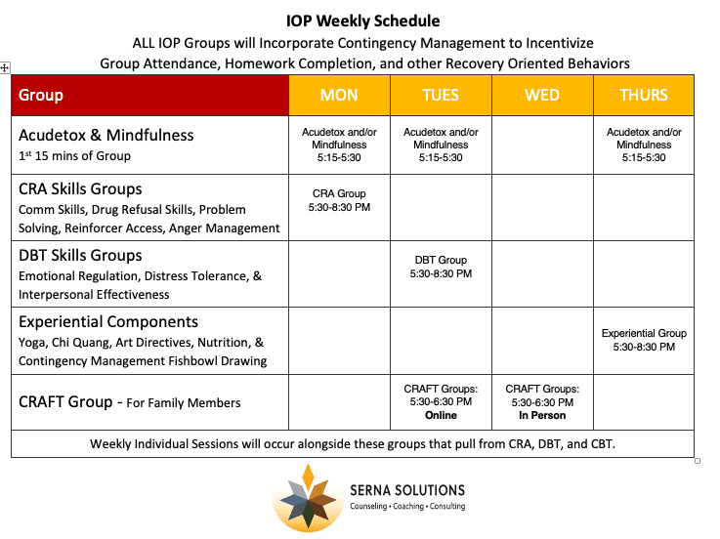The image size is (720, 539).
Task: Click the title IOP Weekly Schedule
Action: (x=363, y=21)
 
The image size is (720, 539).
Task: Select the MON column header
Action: (x=339, y=95)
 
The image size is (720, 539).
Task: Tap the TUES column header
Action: (x=441, y=95)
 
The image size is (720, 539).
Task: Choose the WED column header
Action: (x=542, y=95)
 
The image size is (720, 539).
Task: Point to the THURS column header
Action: (x=644, y=95)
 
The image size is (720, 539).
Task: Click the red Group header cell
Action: (x=149, y=95)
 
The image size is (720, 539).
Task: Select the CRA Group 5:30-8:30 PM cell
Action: (x=339, y=200)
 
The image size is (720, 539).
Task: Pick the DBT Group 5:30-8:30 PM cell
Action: (x=441, y=267)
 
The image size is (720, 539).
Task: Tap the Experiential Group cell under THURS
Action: (x=644, y=340)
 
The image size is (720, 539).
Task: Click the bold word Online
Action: (x=441, y=415)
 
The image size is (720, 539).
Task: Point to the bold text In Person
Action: (x=542, y=415)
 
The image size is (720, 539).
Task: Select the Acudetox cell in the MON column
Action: (x=339, y=145)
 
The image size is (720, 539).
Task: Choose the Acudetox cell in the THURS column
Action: (x=644, y=145)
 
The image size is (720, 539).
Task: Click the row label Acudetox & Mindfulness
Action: (x=106, y=135)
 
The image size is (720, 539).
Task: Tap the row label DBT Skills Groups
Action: (x=80, y=256)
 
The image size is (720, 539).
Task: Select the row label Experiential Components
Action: (x=108, y=321)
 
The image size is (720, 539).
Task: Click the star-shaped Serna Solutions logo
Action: (x=308, y=497)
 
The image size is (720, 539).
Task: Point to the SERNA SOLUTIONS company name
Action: (x=406, y=490)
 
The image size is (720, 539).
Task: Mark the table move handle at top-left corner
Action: (x=5, y=67)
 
